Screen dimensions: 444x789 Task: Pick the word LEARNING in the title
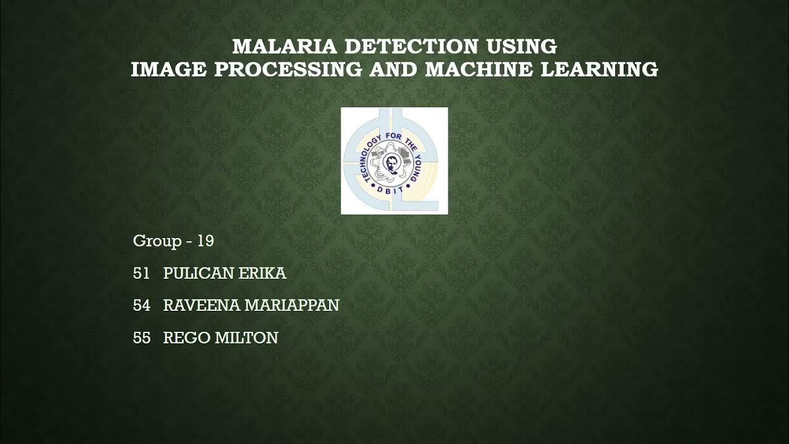point(599,70)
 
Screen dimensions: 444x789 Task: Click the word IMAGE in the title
point(168,70)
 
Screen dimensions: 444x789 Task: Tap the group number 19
point(205,241)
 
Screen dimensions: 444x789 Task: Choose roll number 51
point(141,274)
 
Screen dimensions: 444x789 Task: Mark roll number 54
point(141,306)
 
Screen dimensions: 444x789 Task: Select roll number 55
point(141,338)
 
